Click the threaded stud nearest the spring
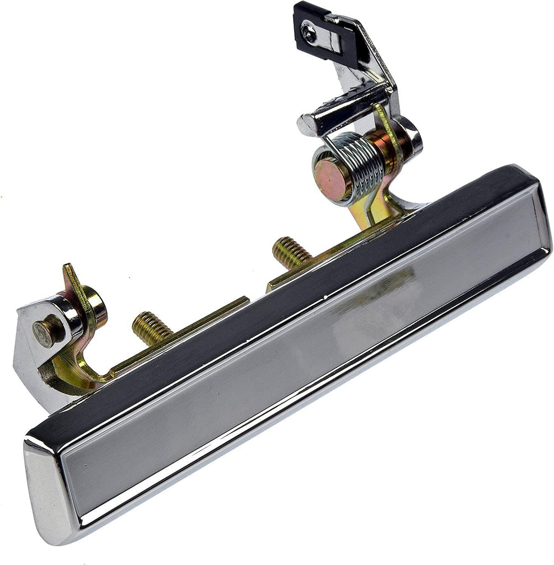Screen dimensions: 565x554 (291, 252)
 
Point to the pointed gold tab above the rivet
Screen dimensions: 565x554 (71, 276)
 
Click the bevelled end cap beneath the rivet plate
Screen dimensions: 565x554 (47, 486)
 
